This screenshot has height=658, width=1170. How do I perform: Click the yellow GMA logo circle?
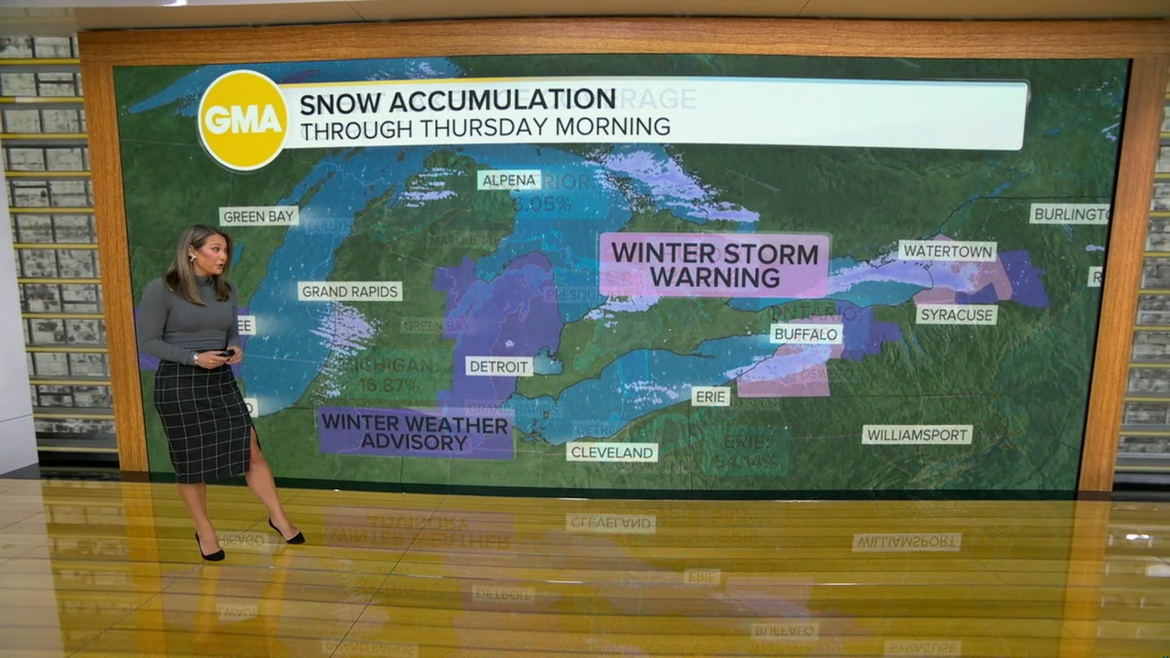coord(243,120)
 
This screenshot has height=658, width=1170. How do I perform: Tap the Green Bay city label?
coord(259,217)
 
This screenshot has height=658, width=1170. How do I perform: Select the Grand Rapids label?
coord(350,292)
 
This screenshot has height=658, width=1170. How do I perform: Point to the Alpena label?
coord(508,180)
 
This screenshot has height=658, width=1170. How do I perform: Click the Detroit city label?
coord(499,366)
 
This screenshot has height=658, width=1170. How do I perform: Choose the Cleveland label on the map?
coord(612,451)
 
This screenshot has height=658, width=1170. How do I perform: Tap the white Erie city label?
coord(710,397)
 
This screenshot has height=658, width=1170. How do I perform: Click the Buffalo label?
coord(806,334)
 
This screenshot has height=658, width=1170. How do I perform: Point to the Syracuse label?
coord(956,314)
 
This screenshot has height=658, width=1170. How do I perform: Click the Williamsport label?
coord(917,435)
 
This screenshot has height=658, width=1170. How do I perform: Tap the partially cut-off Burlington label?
coord(1069,214)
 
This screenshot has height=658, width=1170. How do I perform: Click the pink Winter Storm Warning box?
coord(714,265)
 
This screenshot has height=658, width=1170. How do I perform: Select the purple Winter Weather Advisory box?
coord(415,433)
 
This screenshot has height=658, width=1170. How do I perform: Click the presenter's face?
coord(213,257)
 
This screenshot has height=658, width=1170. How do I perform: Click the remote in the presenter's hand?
coord(224,354)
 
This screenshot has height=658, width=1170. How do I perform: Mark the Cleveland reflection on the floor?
coord(611,523)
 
